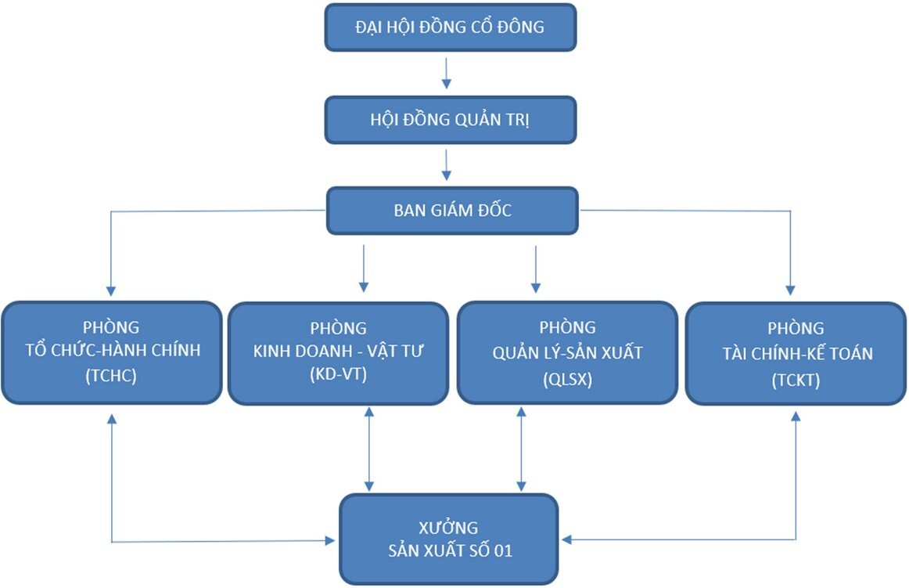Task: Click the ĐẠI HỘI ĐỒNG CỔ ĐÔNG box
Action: (450, 27)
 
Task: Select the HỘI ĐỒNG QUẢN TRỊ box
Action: (450, 120)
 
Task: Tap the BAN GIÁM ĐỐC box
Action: (452, 210)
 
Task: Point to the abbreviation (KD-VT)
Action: (338, 377)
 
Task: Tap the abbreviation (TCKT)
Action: (796, 379)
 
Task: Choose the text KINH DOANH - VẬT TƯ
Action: (338, 352)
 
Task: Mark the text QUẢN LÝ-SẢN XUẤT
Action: (567, 352)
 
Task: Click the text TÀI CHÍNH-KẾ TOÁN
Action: (796, 353)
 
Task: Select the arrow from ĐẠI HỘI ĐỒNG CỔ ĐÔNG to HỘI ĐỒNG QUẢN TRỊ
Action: (447, 72)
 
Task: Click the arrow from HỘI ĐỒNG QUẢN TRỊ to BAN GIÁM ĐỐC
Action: (447, 164)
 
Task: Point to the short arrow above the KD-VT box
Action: (364, 269)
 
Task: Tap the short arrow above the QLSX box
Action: (536, 269)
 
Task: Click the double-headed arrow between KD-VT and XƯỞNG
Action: (369, 449)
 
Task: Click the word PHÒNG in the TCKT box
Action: (796, 327)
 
